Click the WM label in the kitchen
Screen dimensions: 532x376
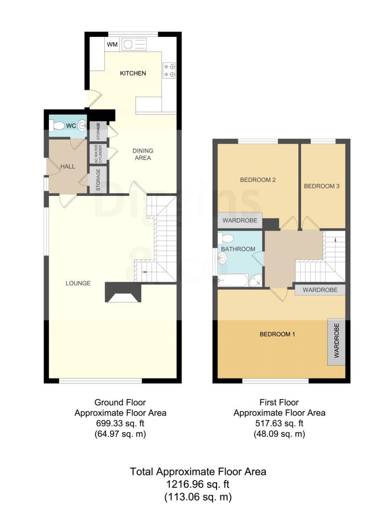[112, 45]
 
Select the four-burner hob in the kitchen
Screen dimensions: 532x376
[169, 70]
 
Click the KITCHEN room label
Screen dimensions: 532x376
[133, 73]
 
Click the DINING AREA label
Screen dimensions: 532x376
[143, 154]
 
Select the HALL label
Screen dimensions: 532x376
[68, 166]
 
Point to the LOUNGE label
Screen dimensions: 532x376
[78, 283]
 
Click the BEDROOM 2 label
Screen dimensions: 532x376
[257, 180]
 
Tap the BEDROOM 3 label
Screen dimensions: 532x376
[321, 185]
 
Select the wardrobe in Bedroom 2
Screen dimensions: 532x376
[239, 221]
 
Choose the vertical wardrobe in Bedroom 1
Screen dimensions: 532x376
[336, 341]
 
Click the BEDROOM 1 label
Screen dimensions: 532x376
[277, 334]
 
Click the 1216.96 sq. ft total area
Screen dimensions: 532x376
[198, 484]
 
